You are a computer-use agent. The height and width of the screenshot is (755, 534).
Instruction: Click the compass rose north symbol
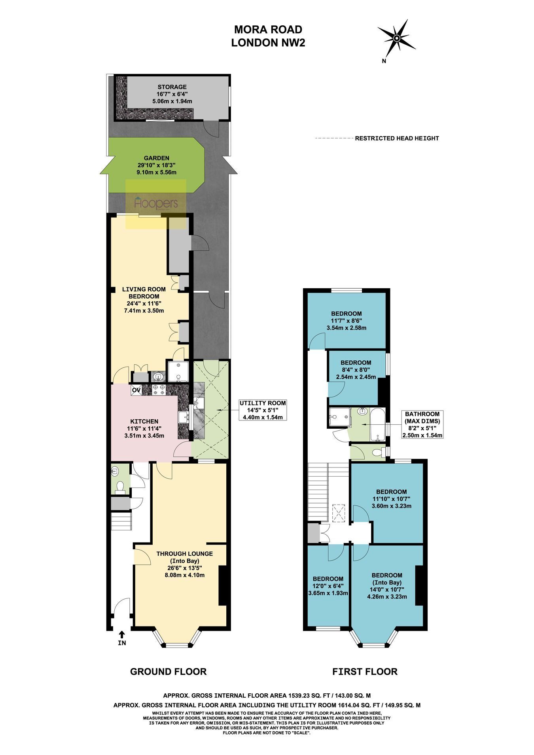[396, 38]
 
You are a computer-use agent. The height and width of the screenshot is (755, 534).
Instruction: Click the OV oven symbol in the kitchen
[136, 390]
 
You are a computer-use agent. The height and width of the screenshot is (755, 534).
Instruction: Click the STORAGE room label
[172, 87]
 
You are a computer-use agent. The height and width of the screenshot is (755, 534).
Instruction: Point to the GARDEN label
[156, 158]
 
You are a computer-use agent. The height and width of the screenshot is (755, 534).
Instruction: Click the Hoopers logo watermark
[156, 204]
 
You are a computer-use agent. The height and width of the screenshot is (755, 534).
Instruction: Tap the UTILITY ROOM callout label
[263, 403]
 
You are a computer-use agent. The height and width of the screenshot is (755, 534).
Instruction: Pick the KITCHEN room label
[144, 422]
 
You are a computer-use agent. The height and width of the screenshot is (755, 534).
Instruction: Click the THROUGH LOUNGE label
[185, 554]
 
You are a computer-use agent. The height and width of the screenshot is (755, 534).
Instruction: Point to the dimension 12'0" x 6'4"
[328, 586]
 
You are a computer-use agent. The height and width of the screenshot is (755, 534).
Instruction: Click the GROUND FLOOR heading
[169, 671]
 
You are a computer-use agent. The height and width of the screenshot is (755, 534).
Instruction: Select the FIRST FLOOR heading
[365, 671]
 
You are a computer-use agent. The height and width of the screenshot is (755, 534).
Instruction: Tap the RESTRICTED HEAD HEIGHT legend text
[397, 138]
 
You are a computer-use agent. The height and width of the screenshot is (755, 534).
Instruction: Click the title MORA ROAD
[268, 29]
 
